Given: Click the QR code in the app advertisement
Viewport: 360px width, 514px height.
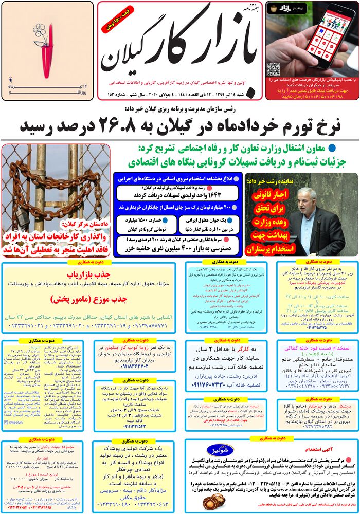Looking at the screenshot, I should click(273, 69).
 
